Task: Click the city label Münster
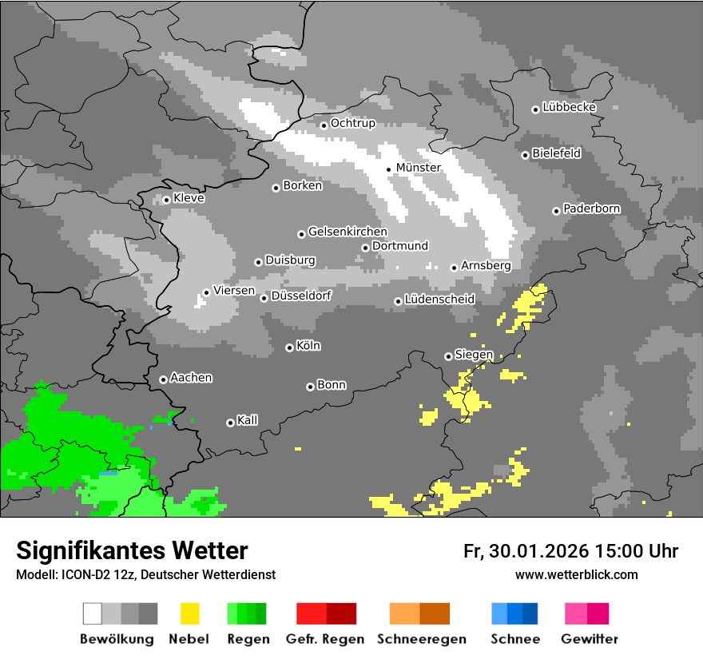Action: (x=419, y=168)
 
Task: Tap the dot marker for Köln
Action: (x=289, y=347)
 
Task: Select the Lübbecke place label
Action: (x=569, y=107)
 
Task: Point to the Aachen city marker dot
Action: (x=163, y=379)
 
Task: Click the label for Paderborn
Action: (x=591, y=208)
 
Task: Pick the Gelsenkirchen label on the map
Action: (x=348, y=232)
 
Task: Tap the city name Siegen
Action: (x=474, y=354)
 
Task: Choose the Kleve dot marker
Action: (x=166, y=200)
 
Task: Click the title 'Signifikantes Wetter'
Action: (x=132, y=550)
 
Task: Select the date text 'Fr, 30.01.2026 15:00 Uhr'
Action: (x=570, y=551)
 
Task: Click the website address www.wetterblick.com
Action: (x=576, y=574)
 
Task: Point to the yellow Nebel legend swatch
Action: (x=189, y=613)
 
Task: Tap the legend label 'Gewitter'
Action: (x=590, y=639)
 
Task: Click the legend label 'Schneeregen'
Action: (x=419, y=639)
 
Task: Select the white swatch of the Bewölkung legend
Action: (x=93, y=613)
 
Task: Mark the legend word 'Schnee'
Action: (x=514, y=639)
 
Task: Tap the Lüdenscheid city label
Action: (x=439, y=299)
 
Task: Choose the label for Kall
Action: (x=247, y=420)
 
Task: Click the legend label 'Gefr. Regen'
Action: (x=325, y=639)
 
